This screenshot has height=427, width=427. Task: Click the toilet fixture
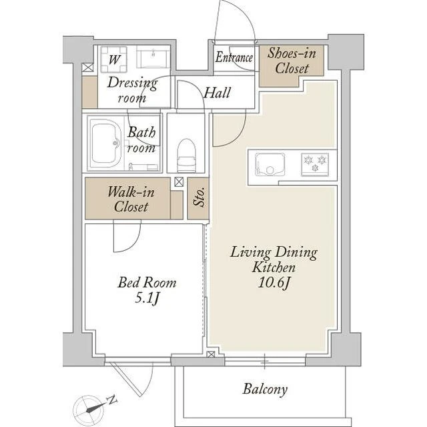pos(187,155)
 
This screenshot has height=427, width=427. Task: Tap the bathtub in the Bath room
pos(106,143)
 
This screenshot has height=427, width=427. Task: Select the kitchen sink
pos(270,165)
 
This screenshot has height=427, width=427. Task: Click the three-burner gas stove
pos(315,165)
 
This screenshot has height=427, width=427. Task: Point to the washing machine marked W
pos(114,59)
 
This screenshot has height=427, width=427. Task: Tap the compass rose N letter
pos(112,400)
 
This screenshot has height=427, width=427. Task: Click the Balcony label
pos(265,389)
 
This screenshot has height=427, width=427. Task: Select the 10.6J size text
pos(274,283)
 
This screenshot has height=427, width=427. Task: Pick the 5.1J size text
pos(147,299)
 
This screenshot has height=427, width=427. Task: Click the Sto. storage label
pos(199,197)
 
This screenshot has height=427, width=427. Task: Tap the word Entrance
pos(234,57)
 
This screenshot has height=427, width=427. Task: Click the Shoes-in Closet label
pos(292,61)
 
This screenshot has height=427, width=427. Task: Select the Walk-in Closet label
pos(131,199)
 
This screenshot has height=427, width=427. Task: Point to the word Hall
pos(217,93)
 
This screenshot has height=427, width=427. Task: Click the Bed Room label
pos(147,282)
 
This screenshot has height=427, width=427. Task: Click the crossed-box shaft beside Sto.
pos(179,182)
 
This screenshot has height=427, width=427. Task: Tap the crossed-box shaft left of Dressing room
pos(87,67)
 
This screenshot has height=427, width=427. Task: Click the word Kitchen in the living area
pos(274,267)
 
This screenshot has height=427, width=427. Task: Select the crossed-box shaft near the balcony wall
pos(211,354)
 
